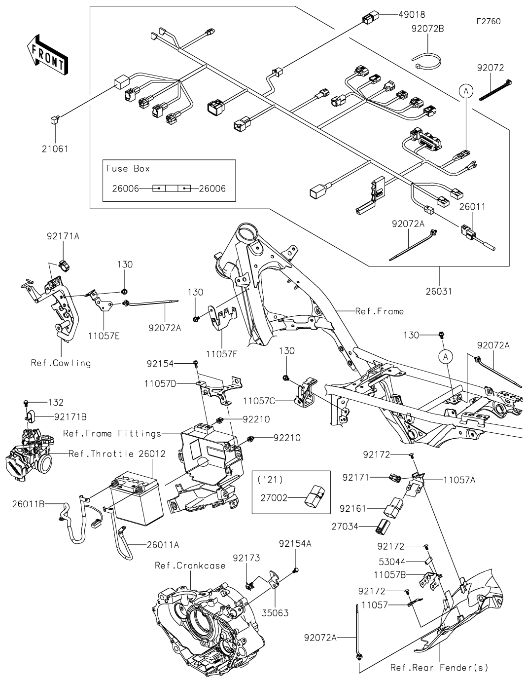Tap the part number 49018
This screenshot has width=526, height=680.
[412, 15]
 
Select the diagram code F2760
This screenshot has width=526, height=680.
[488, 22]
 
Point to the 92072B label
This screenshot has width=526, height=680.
[427, 29]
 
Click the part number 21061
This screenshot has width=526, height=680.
[55, 149]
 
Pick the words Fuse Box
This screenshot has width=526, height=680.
[128, 168]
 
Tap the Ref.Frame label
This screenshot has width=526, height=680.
[379, 311]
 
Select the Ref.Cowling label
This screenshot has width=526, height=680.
[61, 363]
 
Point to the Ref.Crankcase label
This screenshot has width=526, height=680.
[190, 566]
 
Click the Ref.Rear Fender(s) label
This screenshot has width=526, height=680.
[439, 668]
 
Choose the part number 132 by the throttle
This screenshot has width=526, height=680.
[56, 403]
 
